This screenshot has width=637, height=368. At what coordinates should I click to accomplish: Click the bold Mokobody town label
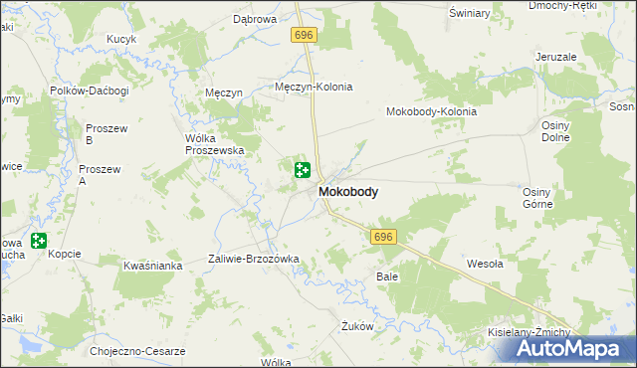tap(347, 192)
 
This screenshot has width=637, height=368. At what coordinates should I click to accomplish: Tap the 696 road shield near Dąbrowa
tap(305, 35)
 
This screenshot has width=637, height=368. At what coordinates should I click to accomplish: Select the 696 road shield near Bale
tap(385, 238)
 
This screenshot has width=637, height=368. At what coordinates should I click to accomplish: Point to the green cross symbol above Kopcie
tap(39, 240)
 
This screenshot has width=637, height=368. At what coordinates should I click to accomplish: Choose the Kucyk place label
tap(120, 39)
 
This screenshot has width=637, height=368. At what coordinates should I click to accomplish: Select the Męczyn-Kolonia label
tap(314, 88)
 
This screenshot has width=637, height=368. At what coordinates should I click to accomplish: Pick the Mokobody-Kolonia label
tap(431, 111)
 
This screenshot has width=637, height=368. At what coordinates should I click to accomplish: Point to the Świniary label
tap(469, 13)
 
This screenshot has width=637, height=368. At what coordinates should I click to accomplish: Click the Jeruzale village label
tap(555, 57)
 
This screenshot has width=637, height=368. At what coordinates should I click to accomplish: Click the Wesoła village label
tap(487, 265)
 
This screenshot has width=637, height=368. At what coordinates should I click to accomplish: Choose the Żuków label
tap(356, 325)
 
